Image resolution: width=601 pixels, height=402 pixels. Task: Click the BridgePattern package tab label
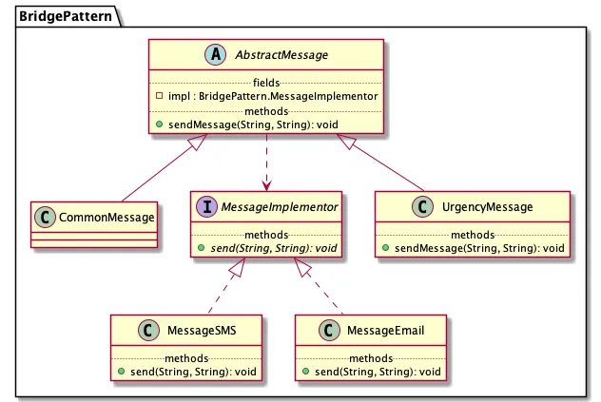coord(66,16)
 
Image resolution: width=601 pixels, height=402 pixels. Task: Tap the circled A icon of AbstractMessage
coord(216,54)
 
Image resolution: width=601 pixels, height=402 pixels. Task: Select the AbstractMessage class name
coord(281,55)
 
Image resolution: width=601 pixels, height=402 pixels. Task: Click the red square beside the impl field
coord(160,95)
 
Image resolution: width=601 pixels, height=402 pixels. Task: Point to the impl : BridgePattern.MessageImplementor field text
coord(273,96)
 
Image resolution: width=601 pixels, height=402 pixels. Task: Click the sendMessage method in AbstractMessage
coord(253,124)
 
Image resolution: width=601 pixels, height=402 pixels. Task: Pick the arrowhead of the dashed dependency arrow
coord(266,185)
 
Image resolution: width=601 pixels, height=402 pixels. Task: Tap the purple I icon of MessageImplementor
coord(207,206)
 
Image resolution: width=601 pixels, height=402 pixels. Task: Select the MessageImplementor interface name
coord(280,207)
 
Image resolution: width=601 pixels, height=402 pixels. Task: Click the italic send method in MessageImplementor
coord(274,248)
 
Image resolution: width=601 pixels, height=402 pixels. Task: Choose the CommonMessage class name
coord(107,218)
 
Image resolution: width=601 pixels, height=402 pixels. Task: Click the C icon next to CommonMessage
coord(45,218)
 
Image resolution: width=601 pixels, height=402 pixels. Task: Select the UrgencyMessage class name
coord(487,207)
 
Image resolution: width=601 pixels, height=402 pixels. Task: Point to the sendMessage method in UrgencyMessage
coord(479,248)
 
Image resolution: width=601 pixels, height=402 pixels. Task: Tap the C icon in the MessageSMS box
coord(148,330)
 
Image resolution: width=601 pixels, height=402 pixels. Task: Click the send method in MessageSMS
coord(193,372)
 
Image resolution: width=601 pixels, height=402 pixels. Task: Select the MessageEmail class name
coord(385,331)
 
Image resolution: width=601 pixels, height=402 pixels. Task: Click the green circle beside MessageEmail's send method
coord(306,371)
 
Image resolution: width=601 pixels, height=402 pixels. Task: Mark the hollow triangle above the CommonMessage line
coord(198,142)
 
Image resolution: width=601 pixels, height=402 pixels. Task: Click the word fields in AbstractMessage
coord(266,83)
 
